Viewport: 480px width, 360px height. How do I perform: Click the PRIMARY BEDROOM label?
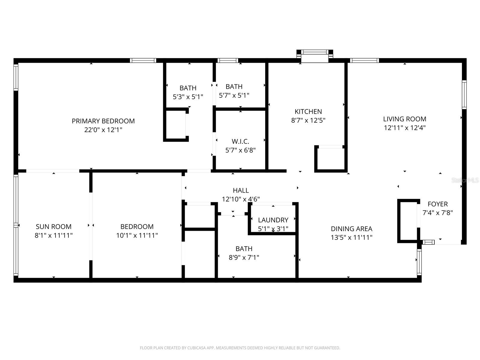[x=103, y=121]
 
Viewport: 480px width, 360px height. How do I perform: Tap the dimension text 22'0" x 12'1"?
[x=103, y=130]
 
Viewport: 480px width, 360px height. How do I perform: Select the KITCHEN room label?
[x=308, y=112]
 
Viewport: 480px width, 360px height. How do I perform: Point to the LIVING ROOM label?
[x=404, y=119]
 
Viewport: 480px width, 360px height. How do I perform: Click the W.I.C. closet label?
[x=240, y=141]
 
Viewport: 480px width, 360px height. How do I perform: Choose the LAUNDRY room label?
[x=273, y=220]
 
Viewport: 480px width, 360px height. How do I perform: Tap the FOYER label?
[x=437, y=204]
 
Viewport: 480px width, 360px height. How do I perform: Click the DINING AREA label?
[x=351, y=229]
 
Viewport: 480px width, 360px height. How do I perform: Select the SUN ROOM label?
[x=53, y=226]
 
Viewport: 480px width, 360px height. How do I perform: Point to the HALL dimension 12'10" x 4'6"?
[x=241, y=199]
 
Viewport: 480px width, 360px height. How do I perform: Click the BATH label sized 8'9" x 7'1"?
[x=244, y=249]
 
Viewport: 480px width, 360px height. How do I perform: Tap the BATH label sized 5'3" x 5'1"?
[x=188, y=88]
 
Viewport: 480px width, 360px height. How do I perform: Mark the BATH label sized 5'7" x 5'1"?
[x=234, y=87]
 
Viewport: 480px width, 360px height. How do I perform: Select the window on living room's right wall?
[x=464, y=94]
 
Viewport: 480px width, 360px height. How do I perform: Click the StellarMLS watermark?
[x=465, y=180]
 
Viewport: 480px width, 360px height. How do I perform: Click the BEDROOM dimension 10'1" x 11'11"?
[x=137, y=235]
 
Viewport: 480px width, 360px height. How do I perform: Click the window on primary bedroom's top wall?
[x=143, y=60]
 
